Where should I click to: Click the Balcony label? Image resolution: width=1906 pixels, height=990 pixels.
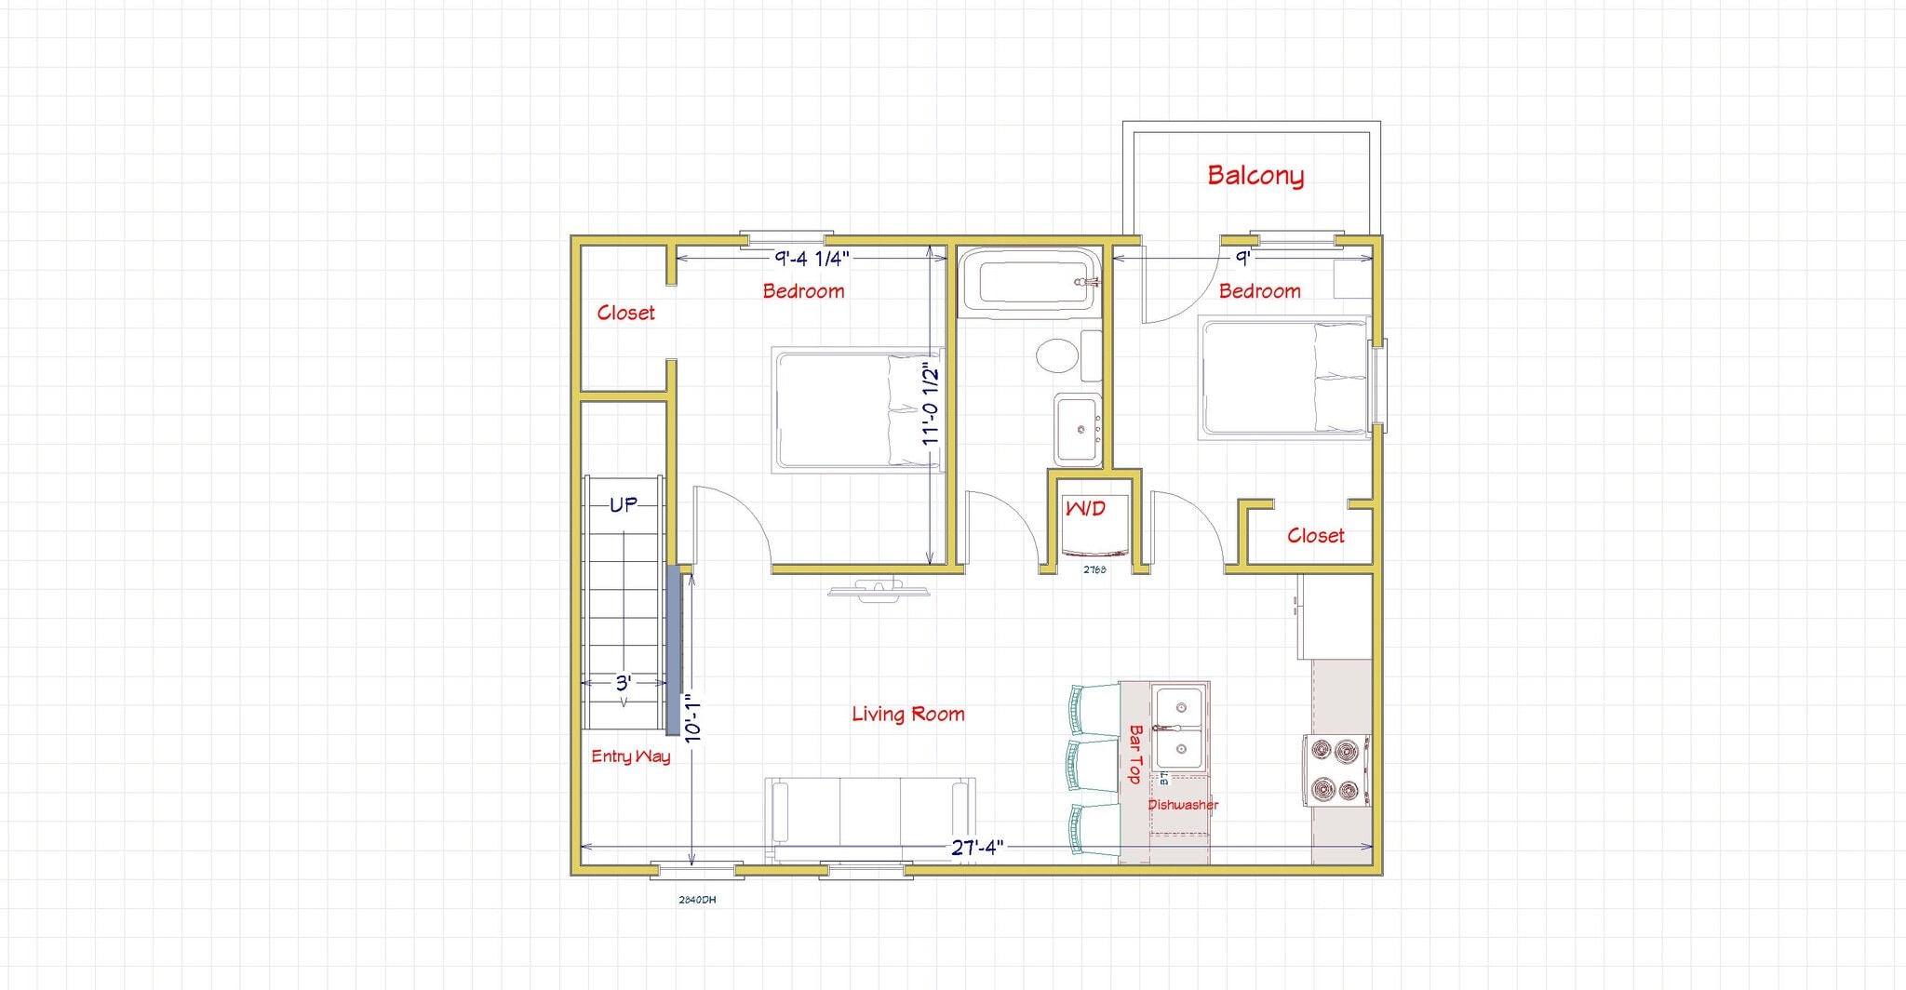1255,175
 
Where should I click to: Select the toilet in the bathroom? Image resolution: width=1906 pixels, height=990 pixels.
1057,355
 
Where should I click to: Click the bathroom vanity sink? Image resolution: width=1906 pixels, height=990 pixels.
1079,430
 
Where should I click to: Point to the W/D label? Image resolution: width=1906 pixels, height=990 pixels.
1085,509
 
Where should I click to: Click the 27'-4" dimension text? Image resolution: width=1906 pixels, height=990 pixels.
976,848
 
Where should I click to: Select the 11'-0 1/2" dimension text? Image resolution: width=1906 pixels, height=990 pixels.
931,405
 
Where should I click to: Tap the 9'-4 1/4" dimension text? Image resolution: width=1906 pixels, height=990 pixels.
812,259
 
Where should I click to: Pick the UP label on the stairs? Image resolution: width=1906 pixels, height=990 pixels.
623,504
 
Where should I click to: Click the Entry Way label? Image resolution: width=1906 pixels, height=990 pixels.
630,756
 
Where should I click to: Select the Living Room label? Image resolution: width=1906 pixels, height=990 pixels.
907,715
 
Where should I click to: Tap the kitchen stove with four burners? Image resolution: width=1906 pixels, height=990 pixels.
1336,770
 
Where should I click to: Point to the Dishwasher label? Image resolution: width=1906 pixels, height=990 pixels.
1182,805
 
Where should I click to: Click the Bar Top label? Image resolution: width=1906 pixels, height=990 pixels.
1135,754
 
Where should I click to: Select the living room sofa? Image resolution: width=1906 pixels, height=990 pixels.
870,816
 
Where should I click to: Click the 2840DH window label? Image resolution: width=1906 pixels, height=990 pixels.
697,900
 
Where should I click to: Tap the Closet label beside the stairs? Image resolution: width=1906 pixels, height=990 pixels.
625,314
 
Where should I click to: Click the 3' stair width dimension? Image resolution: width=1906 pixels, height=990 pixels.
623,683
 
